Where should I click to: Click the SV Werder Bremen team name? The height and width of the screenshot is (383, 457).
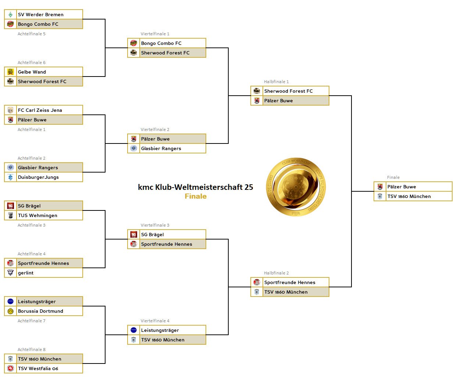click(40, 15)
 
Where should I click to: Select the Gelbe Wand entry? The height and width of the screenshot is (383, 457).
click(32, 72)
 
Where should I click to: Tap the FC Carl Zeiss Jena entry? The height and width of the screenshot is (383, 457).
click(40, 110)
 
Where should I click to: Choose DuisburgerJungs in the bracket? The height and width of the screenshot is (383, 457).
click(38, 177)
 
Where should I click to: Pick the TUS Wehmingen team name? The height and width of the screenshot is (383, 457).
click(38, 216)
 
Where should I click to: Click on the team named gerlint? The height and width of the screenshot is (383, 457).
click(26, 273)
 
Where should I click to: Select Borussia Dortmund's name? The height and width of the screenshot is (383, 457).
click(40, 311)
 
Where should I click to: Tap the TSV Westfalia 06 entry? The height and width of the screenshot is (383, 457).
click(38, 369)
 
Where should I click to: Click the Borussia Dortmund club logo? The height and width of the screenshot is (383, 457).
click(10, 311)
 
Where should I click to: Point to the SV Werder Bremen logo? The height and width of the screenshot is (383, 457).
click(10, 15)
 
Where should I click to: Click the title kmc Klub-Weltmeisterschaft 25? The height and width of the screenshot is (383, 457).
click(195, 187)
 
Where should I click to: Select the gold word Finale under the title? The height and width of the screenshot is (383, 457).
click(195, 196)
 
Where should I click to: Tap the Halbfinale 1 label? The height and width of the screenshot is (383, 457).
click(276, 82)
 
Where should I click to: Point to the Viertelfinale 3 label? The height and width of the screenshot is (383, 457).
click(155, 225)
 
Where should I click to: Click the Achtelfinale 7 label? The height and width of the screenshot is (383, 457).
click(32, 321)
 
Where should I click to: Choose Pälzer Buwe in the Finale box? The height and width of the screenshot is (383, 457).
click(401, 187)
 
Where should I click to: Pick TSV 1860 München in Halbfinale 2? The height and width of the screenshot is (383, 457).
click(286, 292)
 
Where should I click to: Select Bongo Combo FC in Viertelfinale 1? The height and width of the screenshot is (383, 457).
click(161, 43)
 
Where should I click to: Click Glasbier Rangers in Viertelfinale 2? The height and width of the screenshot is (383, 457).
click(161, 149)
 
